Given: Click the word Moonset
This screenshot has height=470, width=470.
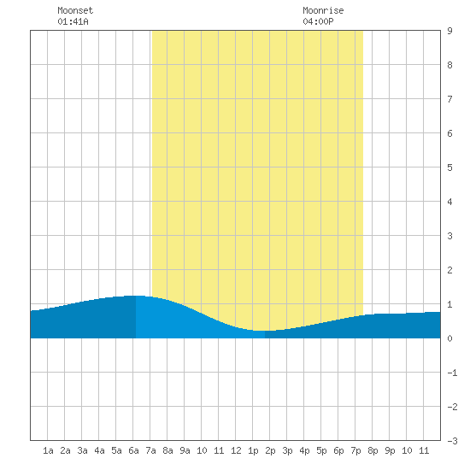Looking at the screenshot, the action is point(75,11).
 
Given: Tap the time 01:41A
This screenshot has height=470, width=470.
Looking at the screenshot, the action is point(73,21).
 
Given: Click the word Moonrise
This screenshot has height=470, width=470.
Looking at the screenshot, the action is point(323,11).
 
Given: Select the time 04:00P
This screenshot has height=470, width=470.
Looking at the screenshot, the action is point(318,21).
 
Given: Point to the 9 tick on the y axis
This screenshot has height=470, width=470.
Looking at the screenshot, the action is point(449,31).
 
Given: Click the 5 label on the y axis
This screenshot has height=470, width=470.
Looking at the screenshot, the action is point(449,167).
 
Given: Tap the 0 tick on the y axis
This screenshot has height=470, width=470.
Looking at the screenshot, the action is point(449,338).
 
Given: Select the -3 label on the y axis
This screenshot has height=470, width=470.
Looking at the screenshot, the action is point(452,441).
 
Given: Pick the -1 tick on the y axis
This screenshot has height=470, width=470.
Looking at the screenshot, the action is point(452,373).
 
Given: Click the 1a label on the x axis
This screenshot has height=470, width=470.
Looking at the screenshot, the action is point(48,450).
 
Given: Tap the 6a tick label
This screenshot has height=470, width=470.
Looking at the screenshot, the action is point(133,450).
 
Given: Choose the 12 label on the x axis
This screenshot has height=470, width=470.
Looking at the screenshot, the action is point(236,450).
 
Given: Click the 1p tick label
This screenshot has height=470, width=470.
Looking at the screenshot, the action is point(253,450).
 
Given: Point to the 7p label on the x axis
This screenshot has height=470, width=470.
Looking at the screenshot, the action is point(355,450).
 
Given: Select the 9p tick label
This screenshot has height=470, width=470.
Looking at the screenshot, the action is point(390,450).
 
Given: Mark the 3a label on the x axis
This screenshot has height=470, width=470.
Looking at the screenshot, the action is point(82,450).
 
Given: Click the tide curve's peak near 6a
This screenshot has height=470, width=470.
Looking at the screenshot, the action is point(134,296).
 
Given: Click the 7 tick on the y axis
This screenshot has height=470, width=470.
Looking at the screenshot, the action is point(449,99).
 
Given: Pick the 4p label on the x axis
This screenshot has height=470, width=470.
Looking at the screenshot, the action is point(304,450).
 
